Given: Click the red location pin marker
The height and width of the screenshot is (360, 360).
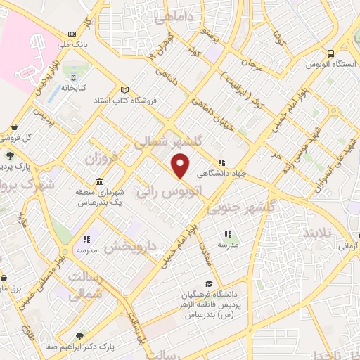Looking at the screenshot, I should point(181,166).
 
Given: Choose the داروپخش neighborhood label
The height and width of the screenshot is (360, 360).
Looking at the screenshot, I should point(133,247).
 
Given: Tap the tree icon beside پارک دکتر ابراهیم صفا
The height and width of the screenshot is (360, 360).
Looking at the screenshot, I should point(78,336).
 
